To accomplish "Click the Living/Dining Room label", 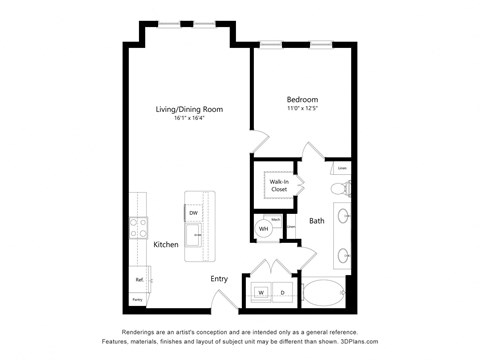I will (188, 109).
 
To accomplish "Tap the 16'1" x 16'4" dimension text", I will (188, 118).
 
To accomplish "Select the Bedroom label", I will (302, 100).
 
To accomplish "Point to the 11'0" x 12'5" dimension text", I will (302, 109).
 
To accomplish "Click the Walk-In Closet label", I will (278, 184).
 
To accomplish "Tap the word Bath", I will (316, 221).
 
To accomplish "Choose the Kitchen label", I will (166, 245).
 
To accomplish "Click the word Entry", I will (220, 279).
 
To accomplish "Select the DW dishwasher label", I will (192, 212).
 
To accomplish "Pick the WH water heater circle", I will (264, 229).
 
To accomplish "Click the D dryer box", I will (282, 293).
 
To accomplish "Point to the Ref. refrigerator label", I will (139, 279).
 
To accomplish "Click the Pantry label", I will (137, 298).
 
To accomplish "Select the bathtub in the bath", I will (325, 292).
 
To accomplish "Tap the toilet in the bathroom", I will (338, 187).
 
